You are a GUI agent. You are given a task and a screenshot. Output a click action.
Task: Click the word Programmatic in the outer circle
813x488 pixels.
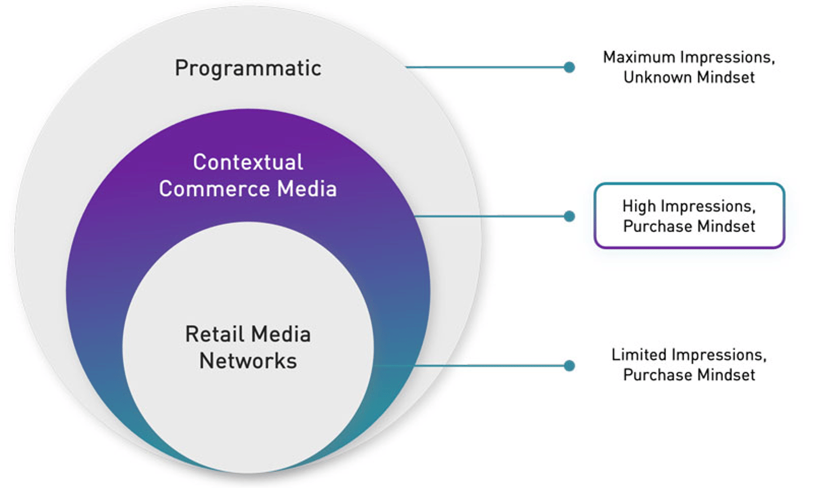click(x=248, y=68)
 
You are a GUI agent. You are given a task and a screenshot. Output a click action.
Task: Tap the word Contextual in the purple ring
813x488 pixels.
click(x=248, y=162)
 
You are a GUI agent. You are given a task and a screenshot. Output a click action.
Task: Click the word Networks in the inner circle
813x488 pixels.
click(x=248, y=361)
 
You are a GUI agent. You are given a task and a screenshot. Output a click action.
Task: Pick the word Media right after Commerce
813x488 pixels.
click(x=308, y=189)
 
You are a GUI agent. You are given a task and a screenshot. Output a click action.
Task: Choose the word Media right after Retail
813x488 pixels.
click(x=281, y=334)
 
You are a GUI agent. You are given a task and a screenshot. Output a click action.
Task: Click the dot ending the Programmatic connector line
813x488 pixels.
click(x=569, y=67)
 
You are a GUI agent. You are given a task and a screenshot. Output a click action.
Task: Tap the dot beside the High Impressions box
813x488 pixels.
click(x=569, y=216)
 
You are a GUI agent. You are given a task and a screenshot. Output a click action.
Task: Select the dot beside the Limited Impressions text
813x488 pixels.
click(x=569, y=365)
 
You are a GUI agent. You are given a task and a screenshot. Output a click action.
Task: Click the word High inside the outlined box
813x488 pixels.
click(x=639, y=206)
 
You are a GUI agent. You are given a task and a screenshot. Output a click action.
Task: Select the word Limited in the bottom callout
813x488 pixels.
click(x=639, y=355)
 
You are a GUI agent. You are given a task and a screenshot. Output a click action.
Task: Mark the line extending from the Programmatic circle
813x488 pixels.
click(x=486, y=67)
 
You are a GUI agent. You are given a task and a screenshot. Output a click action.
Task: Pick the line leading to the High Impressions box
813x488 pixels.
click(x=491, y=216)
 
